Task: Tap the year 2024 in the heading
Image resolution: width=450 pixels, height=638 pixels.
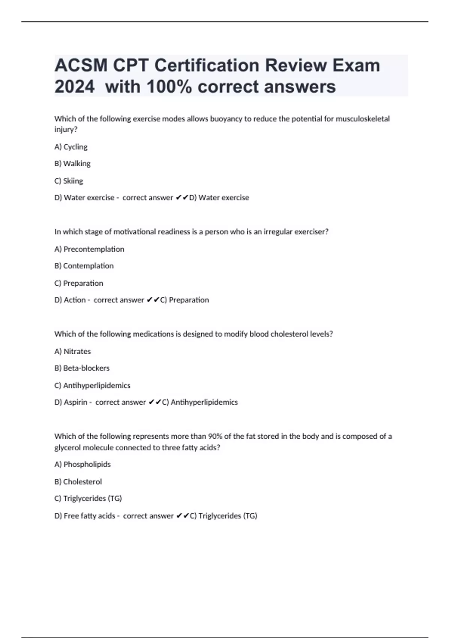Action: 74,87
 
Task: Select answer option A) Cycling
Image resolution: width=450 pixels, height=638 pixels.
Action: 71,147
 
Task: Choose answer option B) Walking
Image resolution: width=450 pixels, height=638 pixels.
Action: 72,164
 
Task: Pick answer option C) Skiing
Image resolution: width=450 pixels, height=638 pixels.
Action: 69,181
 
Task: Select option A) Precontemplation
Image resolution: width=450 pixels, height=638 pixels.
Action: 89,249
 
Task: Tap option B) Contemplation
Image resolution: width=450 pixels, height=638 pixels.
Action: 84,266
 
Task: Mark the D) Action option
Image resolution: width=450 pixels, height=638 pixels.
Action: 70,300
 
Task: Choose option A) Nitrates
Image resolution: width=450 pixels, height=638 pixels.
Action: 73,351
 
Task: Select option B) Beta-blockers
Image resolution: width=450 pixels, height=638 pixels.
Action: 82,368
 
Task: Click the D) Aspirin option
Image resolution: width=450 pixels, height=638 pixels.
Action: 71,402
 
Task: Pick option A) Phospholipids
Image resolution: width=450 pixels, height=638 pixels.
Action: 82,465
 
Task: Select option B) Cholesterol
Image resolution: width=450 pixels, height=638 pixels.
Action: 78,482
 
